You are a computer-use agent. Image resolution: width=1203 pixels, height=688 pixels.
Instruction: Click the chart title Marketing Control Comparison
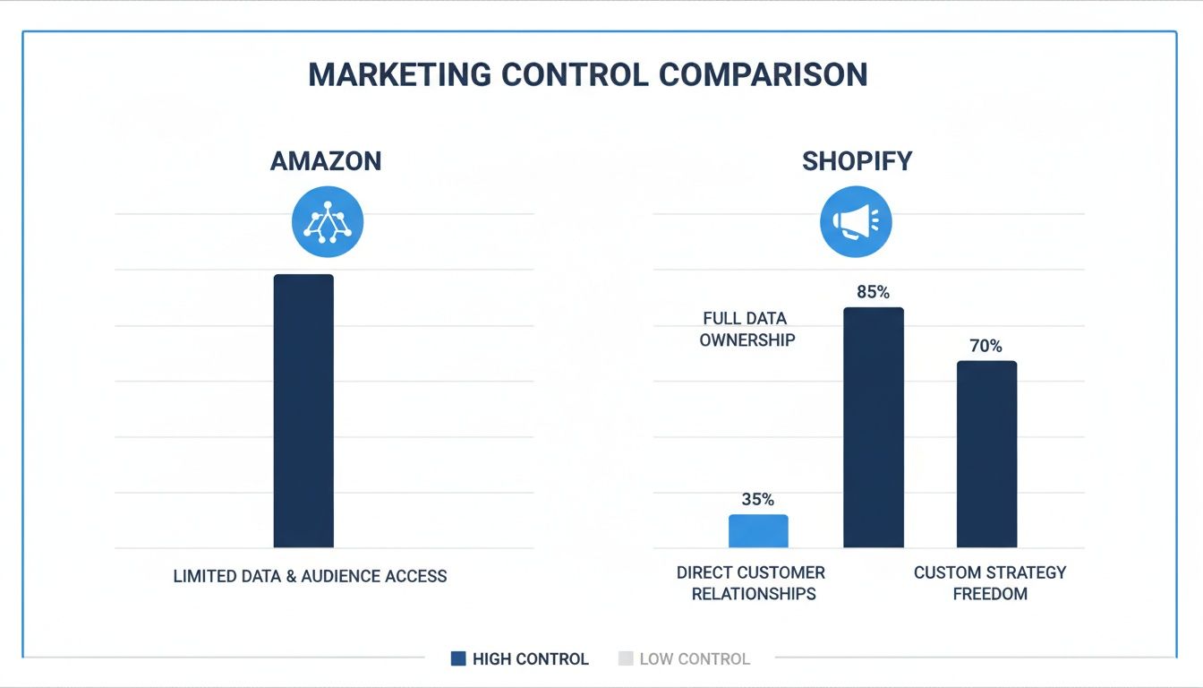click(587, 74)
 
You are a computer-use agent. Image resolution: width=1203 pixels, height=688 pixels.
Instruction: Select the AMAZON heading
click(326, 161)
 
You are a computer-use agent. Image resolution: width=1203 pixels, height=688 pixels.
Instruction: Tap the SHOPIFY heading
click(857, 161)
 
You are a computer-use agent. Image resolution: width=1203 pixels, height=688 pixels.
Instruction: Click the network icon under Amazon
click(328, 222)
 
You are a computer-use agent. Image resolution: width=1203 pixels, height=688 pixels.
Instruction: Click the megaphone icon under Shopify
click(856, 221)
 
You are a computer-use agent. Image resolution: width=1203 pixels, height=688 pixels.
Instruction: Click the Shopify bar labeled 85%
click(873, 427)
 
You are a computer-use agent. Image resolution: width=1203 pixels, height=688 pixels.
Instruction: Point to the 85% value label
click(872, 292)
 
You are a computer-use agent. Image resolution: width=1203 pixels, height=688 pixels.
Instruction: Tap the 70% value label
click(985, 346)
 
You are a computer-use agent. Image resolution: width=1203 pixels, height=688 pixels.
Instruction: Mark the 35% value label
click(758, 500)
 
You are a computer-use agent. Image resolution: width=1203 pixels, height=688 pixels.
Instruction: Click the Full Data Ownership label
click(746, 329)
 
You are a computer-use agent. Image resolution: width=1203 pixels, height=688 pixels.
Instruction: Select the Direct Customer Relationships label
click(752, 583)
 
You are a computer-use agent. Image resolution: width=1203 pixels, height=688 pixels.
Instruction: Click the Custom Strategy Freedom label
click(990, 583)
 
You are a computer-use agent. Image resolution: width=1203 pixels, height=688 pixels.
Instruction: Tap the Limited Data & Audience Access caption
click(310, 576)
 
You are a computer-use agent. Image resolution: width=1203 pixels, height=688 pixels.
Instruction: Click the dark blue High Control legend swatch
click(458, 659)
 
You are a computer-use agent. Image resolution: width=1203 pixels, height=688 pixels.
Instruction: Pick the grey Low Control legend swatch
click(626, 659)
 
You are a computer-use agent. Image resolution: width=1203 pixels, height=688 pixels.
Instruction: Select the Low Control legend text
click(695, 659)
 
